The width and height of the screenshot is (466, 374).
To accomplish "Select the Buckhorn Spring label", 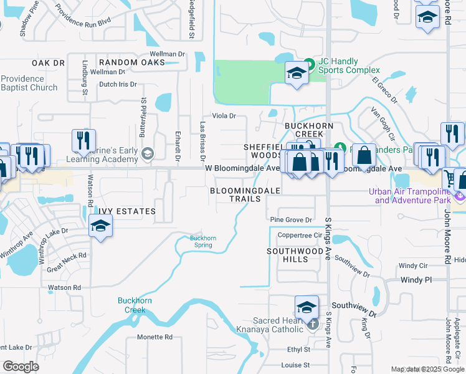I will pyautogui.click(x=201, y=241).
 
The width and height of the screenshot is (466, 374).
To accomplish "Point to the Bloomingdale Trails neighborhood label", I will pyautogui.click(x=244, y=194).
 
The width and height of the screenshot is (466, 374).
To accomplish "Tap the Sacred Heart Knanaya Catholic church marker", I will pyautogui.click(x=313, y=325).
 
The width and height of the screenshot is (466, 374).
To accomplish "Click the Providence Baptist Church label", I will pyautogui.click(x=29, y=83).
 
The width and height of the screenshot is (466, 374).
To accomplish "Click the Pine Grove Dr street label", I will pyautogui.click(x=290, y=219).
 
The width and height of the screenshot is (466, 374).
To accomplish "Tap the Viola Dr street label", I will pyautogui.click(x=224, y=115).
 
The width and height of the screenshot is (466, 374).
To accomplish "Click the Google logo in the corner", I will pyautogui.click(x=21, y=367).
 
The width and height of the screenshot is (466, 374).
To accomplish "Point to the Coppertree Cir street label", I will pyautogui.click(x=299, y=235).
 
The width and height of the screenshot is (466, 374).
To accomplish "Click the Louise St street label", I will pyautogui.click(x=295, y=365).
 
